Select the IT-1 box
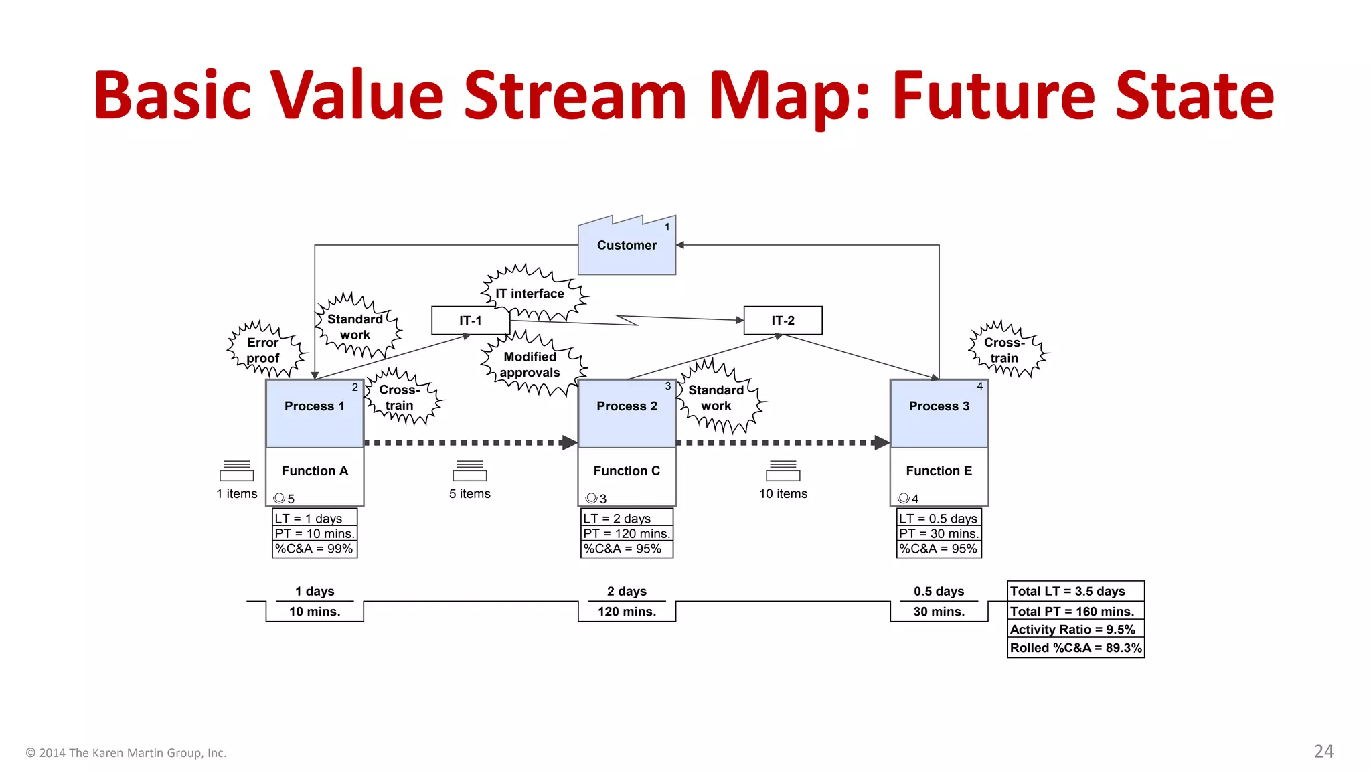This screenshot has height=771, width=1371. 471,321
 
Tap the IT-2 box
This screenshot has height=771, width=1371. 783,321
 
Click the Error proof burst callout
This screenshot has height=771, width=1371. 264,350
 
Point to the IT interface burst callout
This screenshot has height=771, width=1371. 530,294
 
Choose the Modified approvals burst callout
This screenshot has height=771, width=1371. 530,365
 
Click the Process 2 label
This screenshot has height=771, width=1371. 627,406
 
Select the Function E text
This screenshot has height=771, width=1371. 939,471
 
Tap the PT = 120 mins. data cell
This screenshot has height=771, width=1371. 627,533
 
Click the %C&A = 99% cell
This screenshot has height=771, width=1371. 314,549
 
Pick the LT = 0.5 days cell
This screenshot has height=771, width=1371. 939,519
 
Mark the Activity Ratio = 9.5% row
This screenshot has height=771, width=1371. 1075,630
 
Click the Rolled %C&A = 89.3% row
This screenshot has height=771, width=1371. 1075,648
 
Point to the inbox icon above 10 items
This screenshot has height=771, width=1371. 783,471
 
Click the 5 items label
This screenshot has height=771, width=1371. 470,494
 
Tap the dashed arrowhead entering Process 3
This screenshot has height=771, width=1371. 882,442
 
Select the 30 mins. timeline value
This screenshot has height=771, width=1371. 939,612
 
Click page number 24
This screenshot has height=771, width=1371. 1323,752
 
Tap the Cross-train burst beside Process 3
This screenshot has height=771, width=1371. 1005,350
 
